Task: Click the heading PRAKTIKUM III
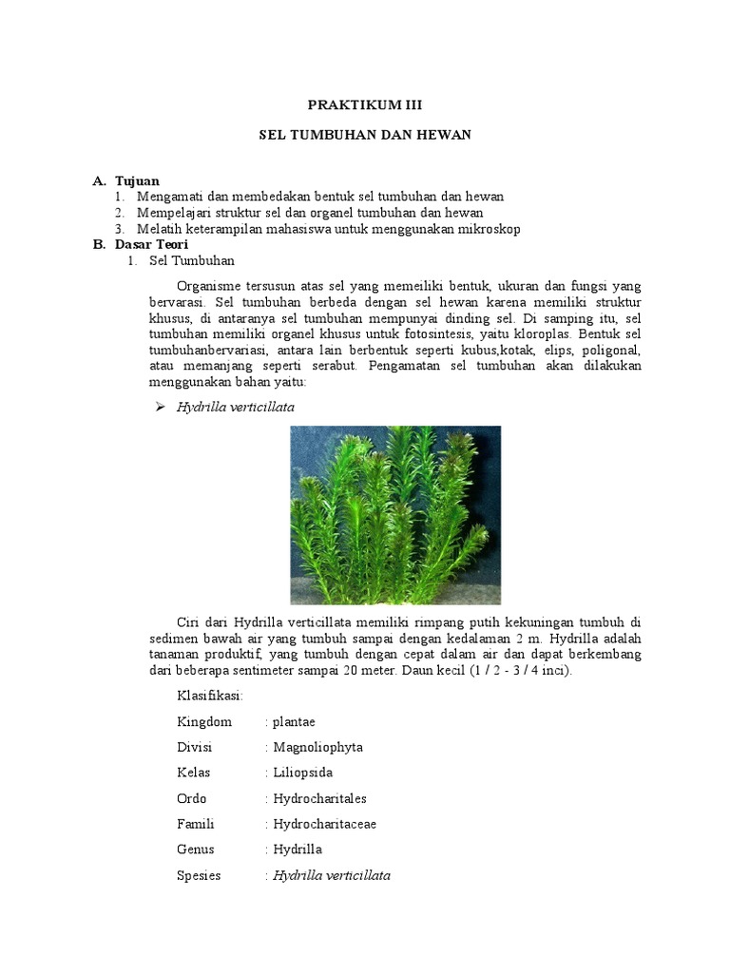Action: tap(365, 105)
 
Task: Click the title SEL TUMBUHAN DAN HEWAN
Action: tap(365, 135)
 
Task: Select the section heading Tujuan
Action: tap(137, 181)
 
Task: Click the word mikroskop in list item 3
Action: tap(490, 229)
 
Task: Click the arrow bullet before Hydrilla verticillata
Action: tap(160, 408)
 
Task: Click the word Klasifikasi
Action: tap(210, 696)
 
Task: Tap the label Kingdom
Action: tap(203, 721)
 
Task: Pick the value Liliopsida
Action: tap(302, 773)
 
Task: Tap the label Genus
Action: tap(195, 849)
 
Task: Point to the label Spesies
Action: tap(199, 875)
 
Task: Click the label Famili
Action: tap(196, 824)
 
